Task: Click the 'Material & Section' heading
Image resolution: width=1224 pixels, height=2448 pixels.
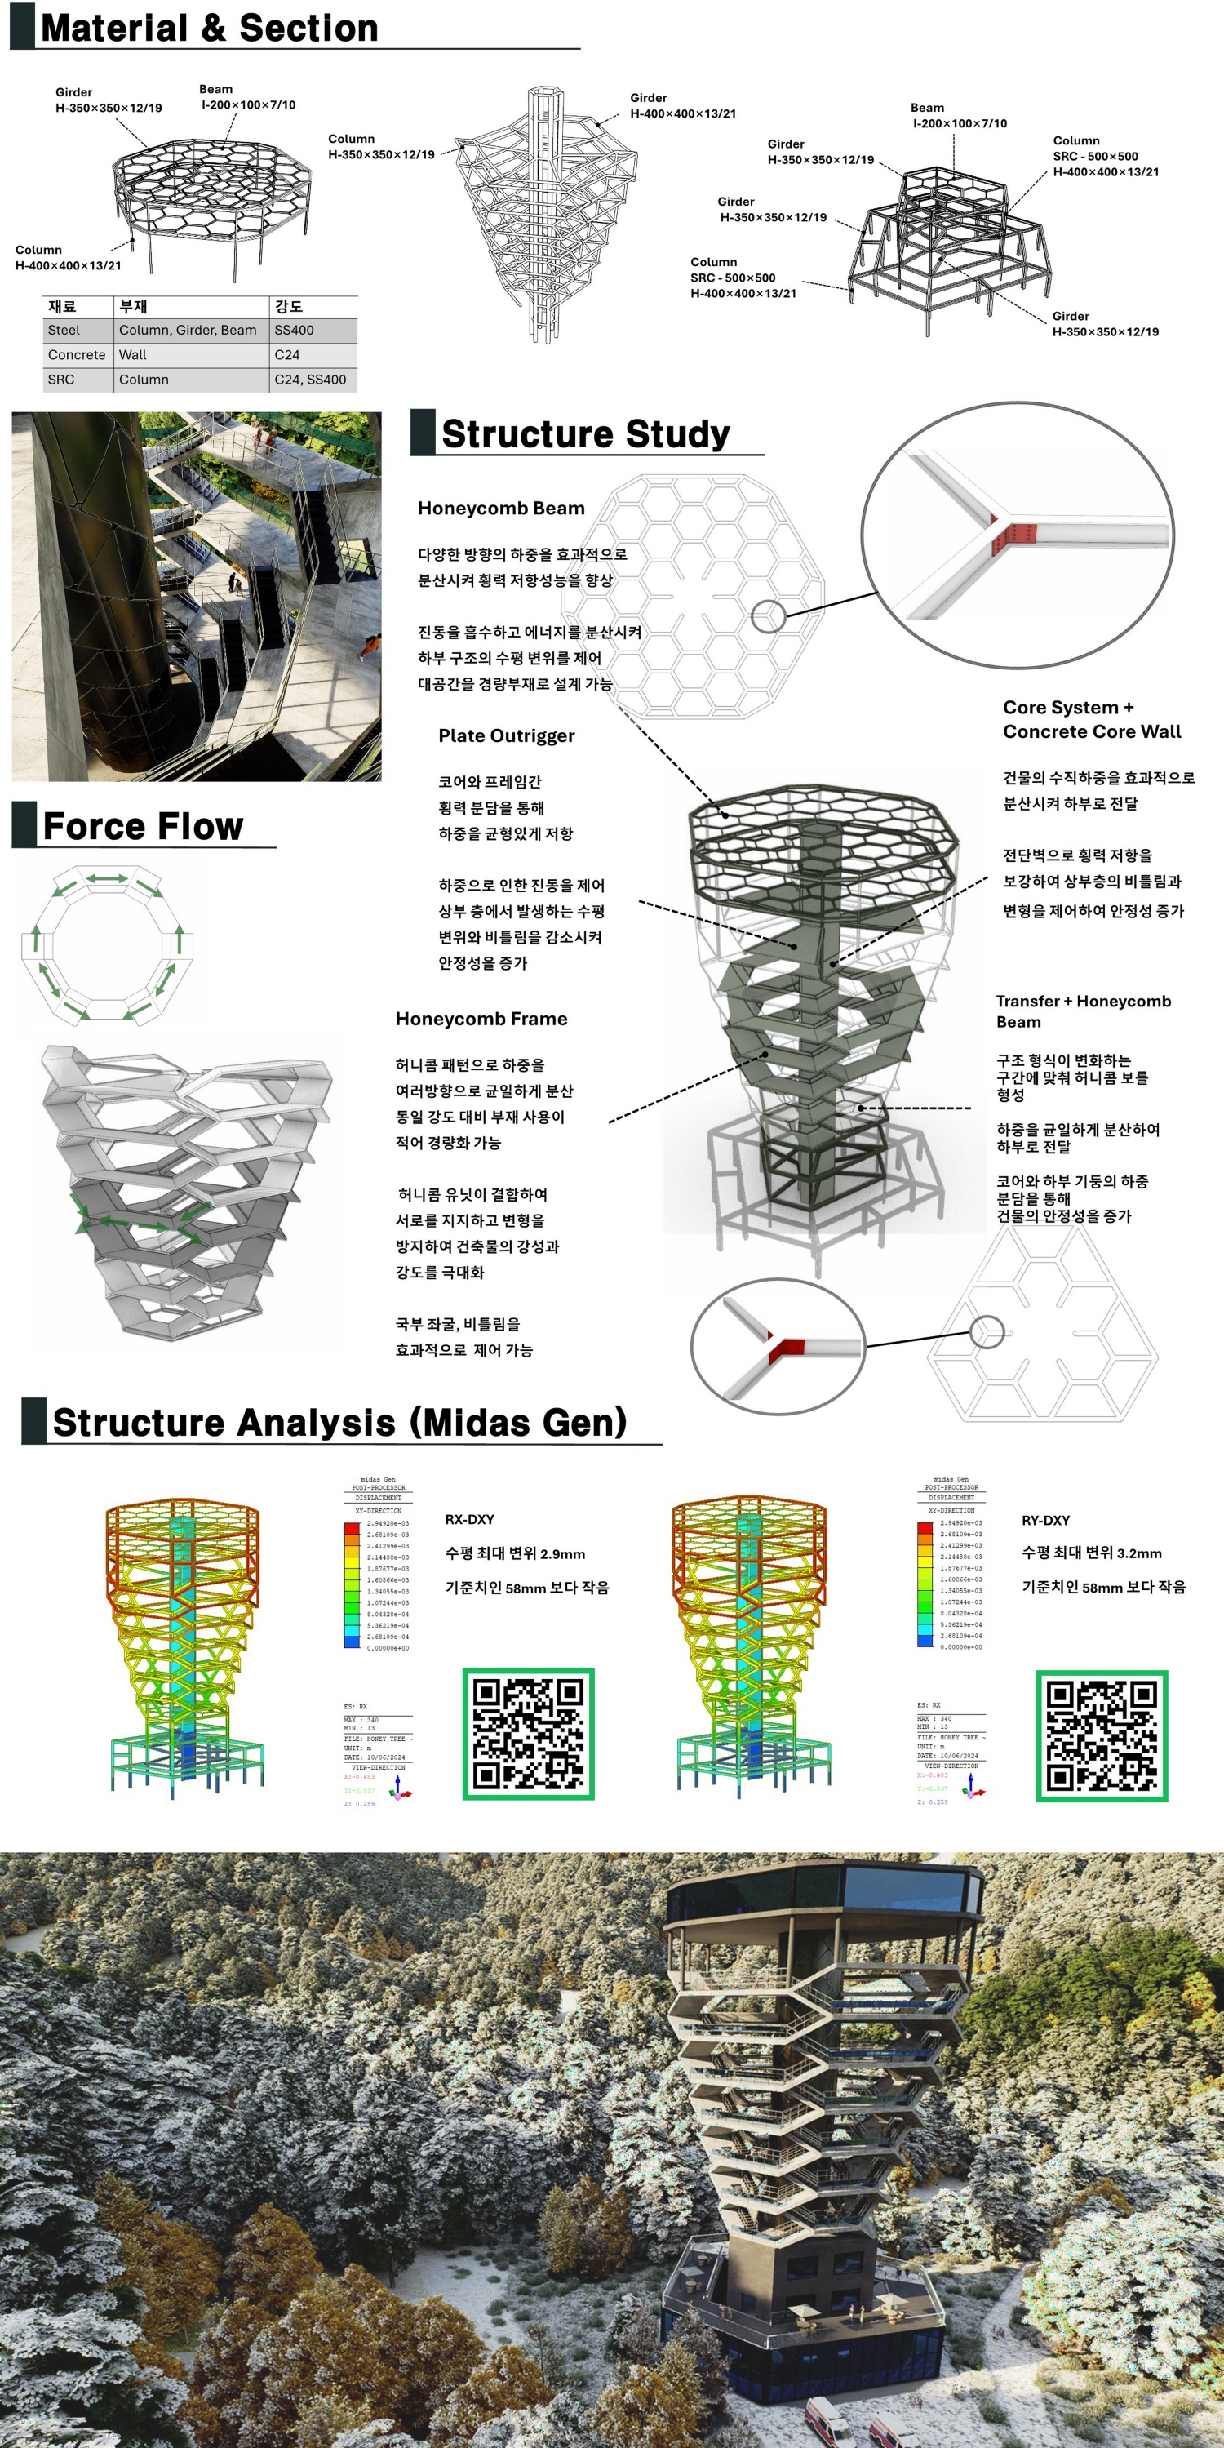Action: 209,29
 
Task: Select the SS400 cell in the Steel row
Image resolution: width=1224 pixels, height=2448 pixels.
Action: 294,330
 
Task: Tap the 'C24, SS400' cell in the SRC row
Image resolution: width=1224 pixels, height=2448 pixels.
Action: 310,380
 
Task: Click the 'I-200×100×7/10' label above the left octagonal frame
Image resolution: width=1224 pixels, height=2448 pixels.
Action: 248,104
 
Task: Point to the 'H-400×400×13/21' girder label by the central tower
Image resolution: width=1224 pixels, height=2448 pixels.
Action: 682,113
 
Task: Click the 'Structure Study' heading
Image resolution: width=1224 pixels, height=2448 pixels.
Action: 585,433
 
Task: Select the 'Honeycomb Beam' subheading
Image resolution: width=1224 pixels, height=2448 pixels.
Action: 501,509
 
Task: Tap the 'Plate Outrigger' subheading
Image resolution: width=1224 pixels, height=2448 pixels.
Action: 507,735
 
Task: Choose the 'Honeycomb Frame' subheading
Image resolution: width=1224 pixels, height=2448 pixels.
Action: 481,1019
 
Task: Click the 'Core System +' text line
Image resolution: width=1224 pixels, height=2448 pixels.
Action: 1068,707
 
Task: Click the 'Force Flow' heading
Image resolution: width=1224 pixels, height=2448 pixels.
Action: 144,827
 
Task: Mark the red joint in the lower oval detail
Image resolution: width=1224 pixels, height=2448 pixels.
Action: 787,1348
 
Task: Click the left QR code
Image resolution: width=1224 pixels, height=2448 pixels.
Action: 529,1734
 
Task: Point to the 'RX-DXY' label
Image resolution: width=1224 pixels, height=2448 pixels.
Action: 469,1520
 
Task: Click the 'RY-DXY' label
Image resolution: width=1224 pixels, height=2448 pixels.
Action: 1045,1521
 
